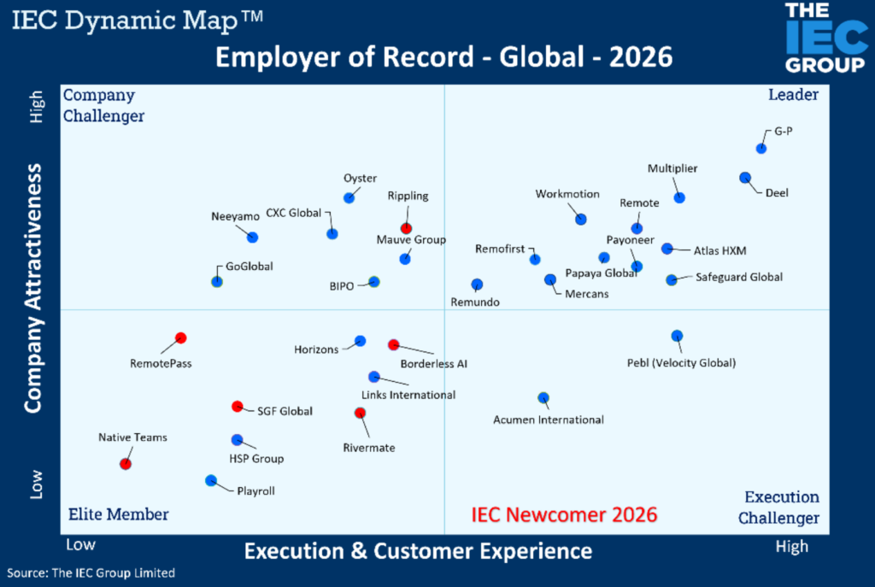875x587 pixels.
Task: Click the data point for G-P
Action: tap(761, 149)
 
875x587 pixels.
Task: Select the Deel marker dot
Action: tap(744, 178)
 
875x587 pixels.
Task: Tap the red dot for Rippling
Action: tap(407, 228)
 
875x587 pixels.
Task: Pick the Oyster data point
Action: tap(349, 198)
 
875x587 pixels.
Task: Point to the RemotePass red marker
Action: tap(180, 338)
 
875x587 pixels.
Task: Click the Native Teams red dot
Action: tap(126, 464)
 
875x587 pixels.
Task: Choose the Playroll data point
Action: tap(211, 480)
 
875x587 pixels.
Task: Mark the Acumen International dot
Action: tap(543, 397)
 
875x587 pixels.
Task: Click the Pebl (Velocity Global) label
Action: tap(681, 363)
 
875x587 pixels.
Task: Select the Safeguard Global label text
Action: tap(738, 277)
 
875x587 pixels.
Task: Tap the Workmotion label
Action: tap(567, 194)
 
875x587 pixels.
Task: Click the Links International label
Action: tap(408, 395)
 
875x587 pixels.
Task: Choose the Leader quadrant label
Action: tap(793, 95)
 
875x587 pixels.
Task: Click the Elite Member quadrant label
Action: tap(119, 514)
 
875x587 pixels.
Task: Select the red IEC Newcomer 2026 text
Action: tap(565, 514)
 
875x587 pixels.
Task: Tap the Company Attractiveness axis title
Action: tap(33, 289)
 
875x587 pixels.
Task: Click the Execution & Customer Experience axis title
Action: tap(418, 551)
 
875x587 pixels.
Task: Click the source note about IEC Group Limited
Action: tap(91, 573)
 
